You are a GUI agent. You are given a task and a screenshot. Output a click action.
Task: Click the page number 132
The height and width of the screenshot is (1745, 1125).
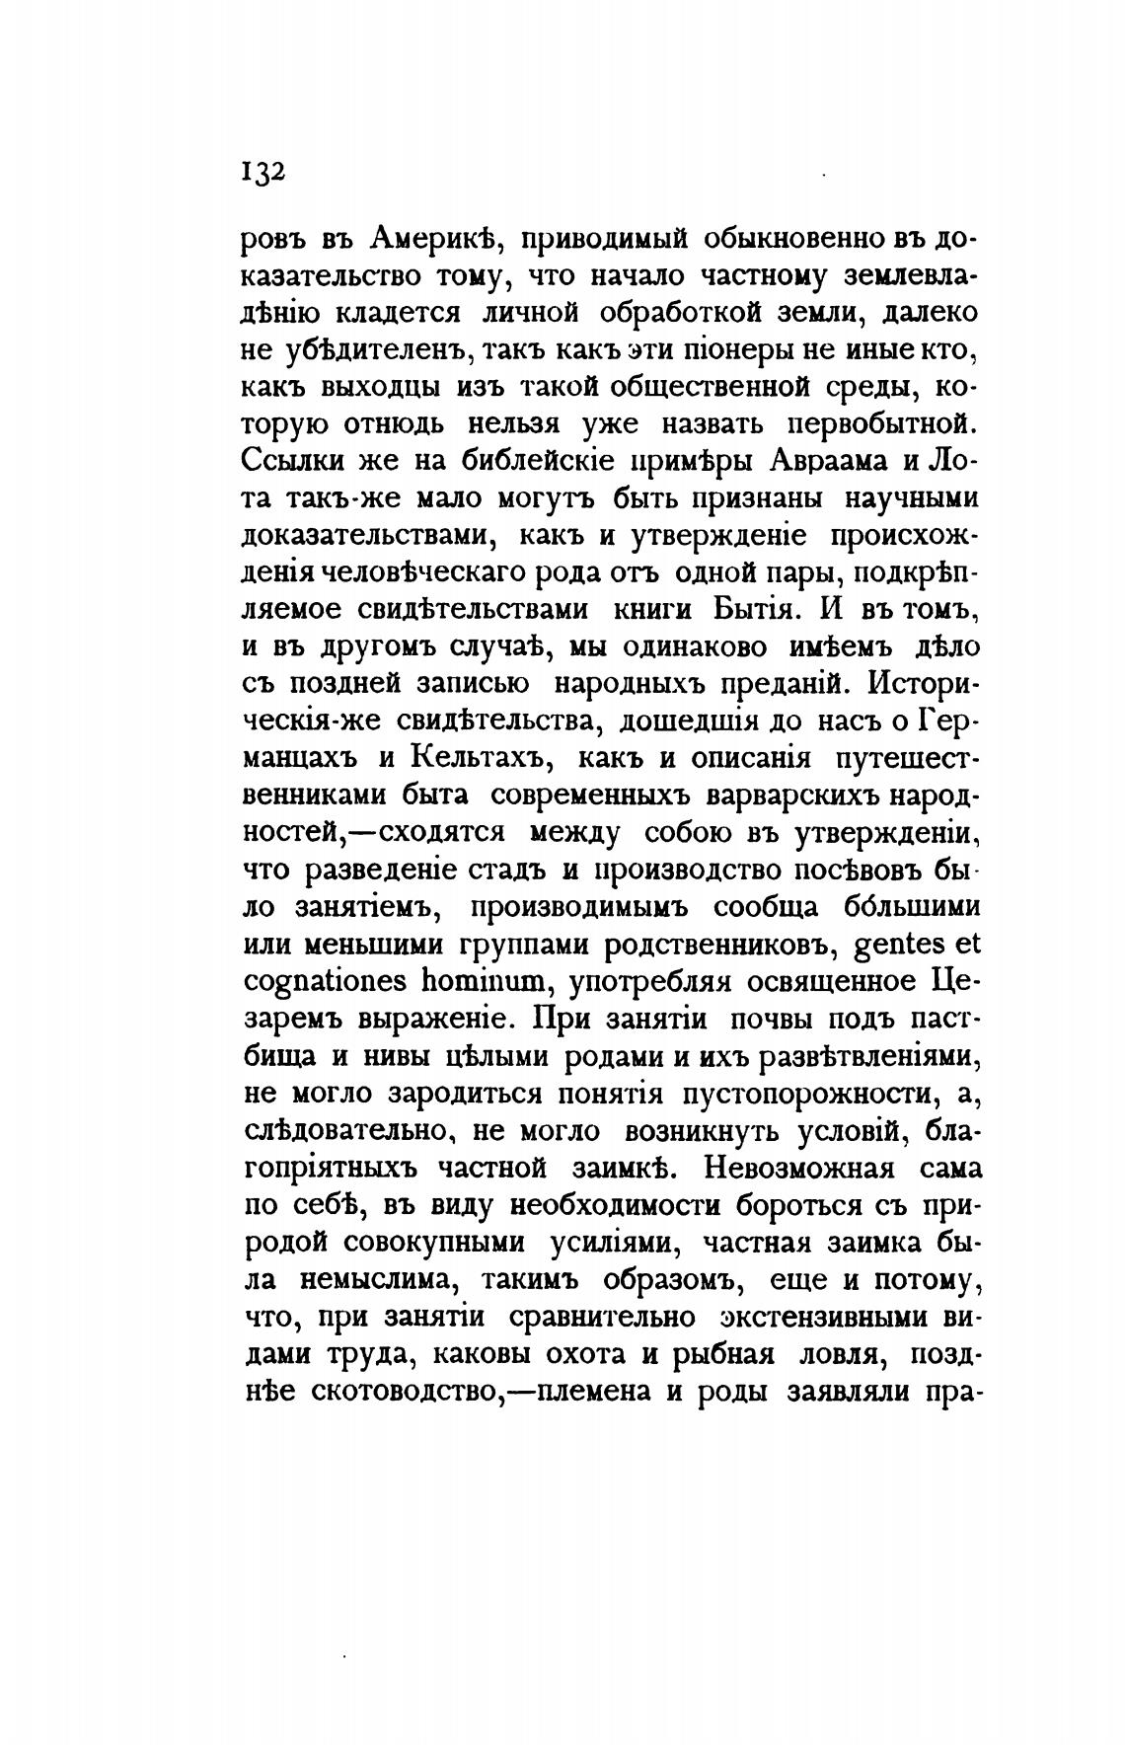tap(262, 170)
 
